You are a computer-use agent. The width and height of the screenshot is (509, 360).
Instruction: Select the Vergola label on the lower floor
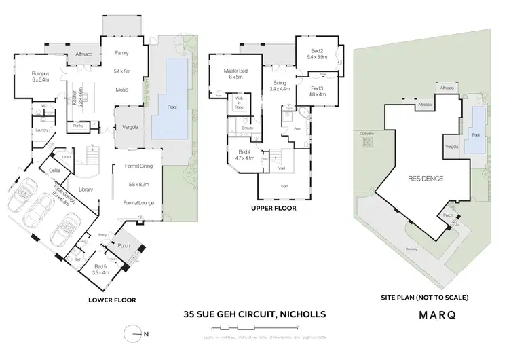tap(130, 128)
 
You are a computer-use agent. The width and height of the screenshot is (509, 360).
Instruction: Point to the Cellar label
tap(54, 171)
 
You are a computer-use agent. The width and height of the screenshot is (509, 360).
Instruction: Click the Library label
tap(86, 190)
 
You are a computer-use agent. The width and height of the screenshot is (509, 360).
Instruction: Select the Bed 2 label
tap(317, 51)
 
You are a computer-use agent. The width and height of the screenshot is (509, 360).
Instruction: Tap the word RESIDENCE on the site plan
tap(426, 179)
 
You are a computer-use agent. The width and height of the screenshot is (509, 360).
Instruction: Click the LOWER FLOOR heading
tap(113, 299)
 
